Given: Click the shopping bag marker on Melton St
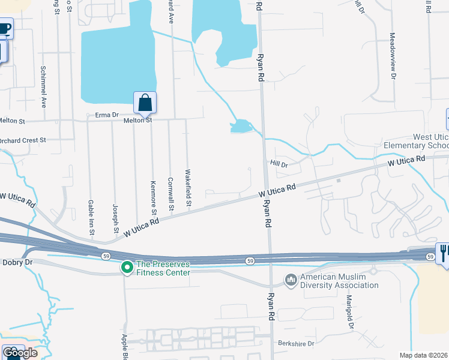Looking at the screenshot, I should (x=145, y=103).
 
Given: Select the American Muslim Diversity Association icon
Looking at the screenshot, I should (x=291, y=280).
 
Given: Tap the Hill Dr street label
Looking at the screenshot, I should (x=279, y=164).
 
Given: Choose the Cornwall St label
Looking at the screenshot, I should (x=170, y=194).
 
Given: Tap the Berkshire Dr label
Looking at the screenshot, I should (x=296, y=344).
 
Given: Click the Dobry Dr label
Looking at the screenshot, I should (x=16, y=262).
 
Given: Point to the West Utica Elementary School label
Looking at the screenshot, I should (x=415, y=142).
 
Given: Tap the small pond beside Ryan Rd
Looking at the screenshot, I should (x=240, y=126).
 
